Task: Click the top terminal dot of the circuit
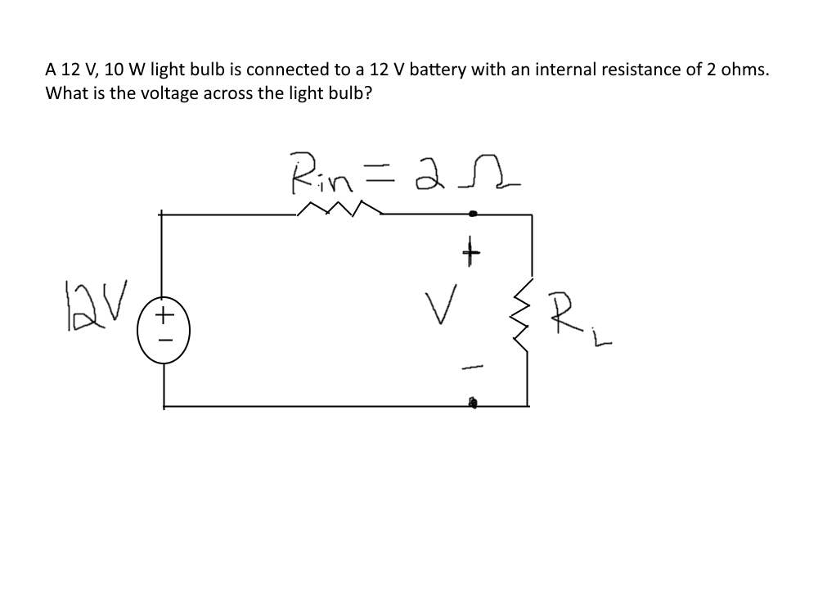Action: [x=473, y=214]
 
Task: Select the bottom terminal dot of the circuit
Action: [x=473, y=403]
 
